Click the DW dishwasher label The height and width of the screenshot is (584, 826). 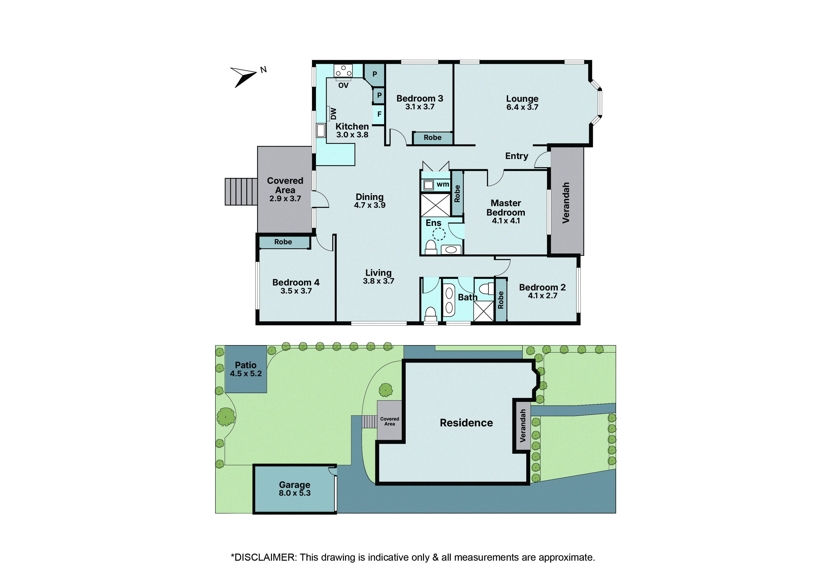tap(333, 114)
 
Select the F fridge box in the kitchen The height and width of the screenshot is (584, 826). tap(379, 114)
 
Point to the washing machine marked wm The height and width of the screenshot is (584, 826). tap(429, 185)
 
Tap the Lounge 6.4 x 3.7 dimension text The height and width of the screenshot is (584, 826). tap(522, 107)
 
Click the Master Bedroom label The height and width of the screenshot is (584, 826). tap(506, 208)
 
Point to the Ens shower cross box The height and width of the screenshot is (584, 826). tap(435, 205)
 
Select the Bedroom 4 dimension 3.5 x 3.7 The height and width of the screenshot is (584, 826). tap(296, 291)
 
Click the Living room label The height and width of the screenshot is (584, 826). tap(378, 273)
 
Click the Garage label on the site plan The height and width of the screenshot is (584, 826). tap(294, 485)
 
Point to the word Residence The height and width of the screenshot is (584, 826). tap(466, 423)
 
